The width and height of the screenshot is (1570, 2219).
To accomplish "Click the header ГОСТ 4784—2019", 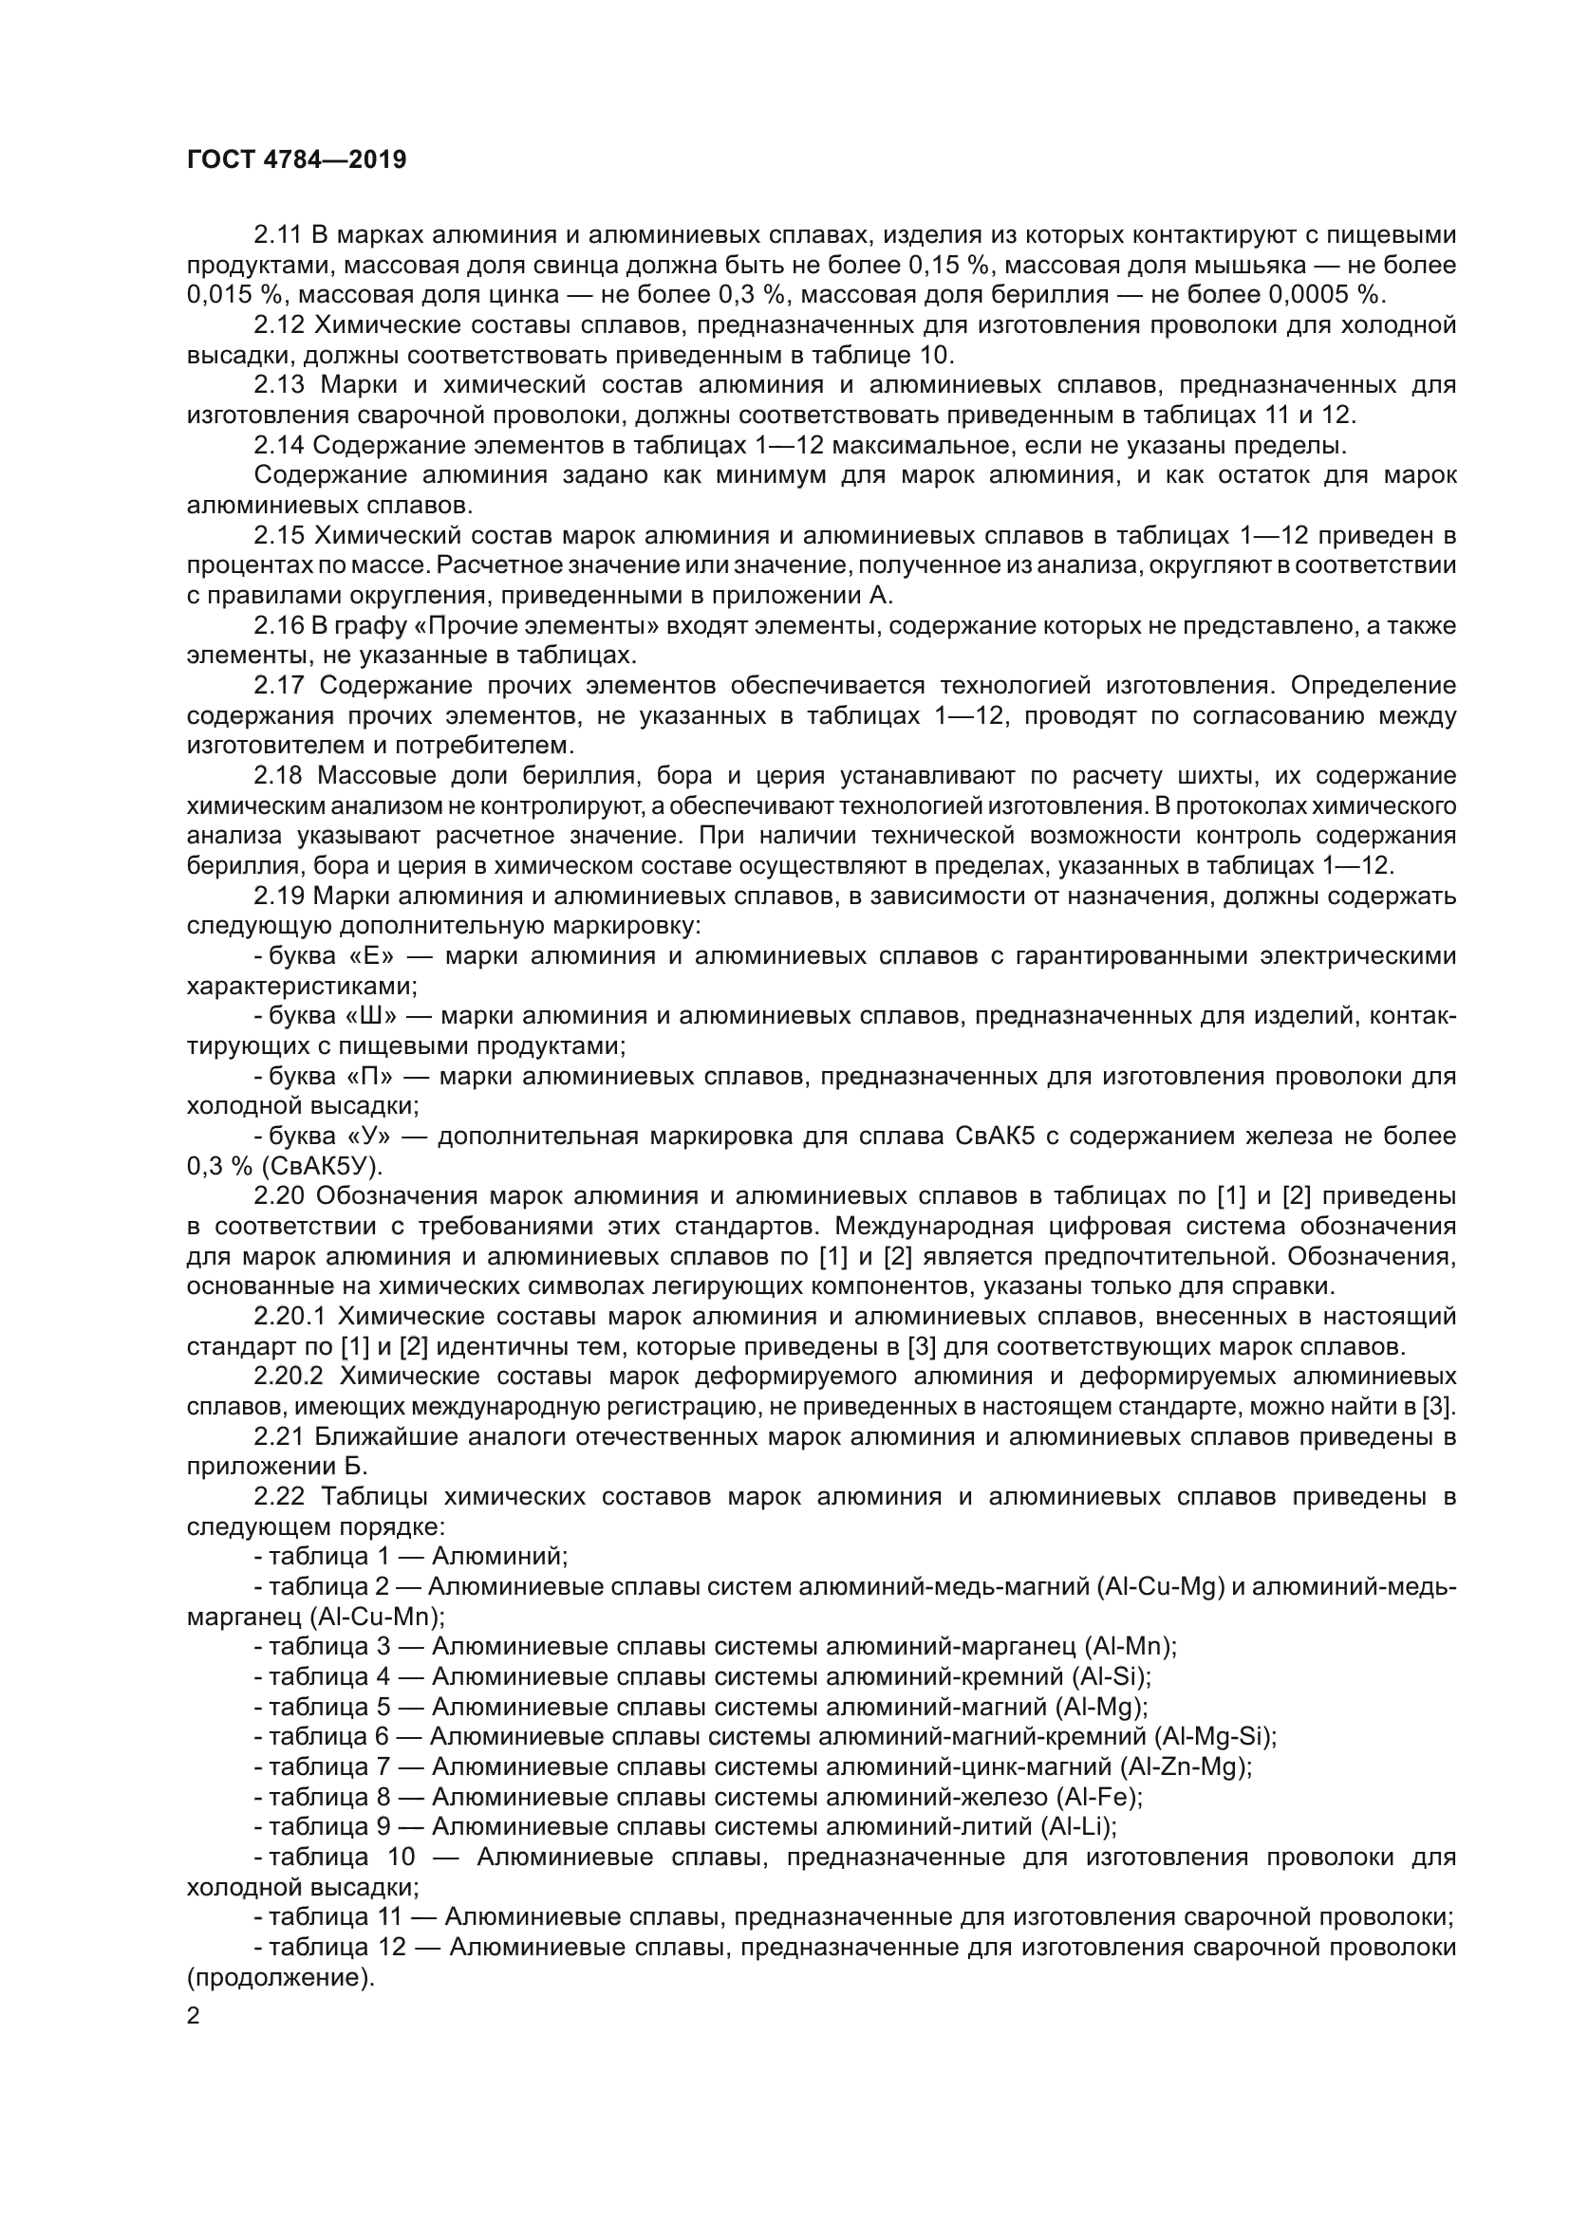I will pos(296,159).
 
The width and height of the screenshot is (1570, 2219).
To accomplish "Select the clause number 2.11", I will pos(278,235).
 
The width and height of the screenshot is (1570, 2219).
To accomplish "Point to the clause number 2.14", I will pos(278,446).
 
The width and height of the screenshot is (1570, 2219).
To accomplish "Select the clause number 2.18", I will pos(278,776).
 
